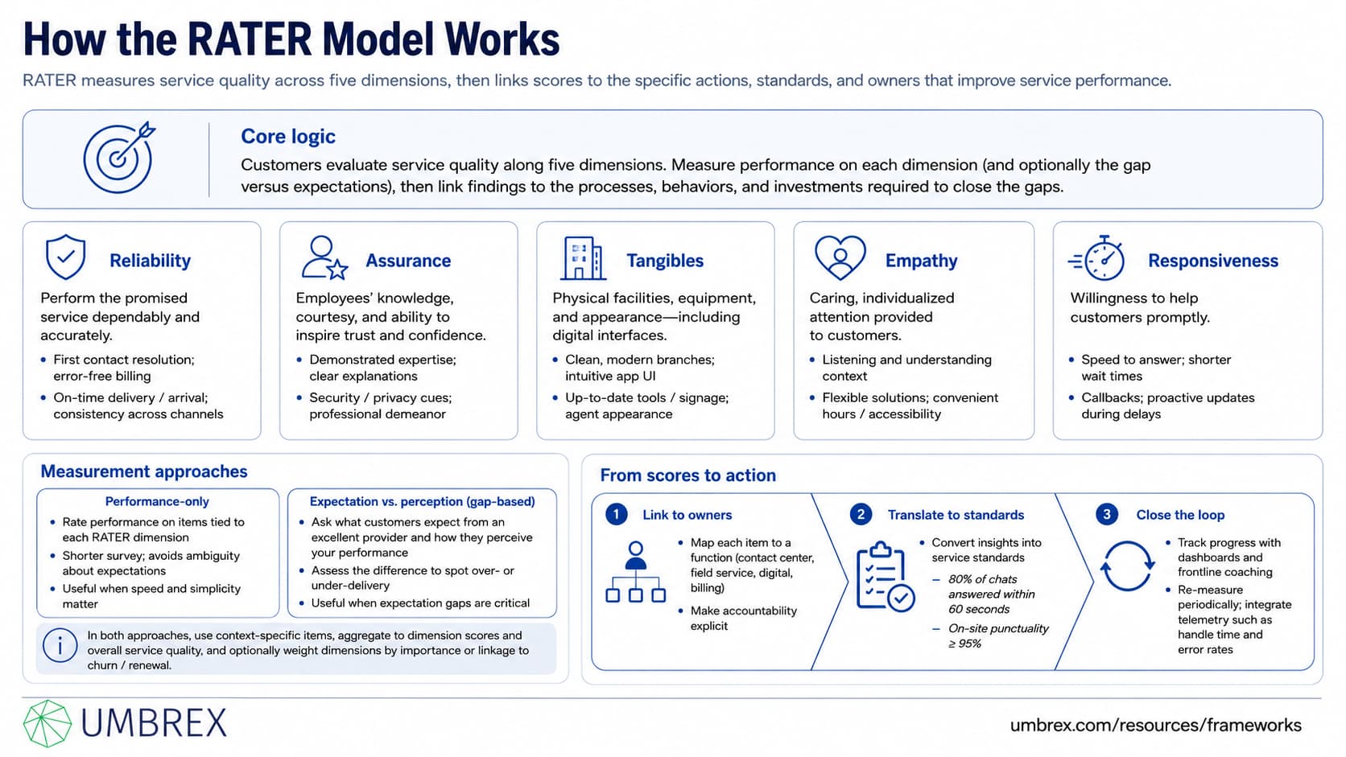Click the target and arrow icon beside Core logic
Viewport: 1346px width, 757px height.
(x=118, y=158)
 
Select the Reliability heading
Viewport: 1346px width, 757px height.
(x=151, y=261)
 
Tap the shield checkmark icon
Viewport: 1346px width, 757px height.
(x=65, y=257)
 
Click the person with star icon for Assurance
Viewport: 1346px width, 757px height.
(x=324, y=257)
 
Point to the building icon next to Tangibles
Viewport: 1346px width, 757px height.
(x=582, y=258)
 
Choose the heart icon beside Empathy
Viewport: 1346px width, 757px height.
(x=840, y=257)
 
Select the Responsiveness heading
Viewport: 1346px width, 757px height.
(x=1213, y=261)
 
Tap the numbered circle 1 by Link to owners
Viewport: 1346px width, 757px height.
(x=616, y=515)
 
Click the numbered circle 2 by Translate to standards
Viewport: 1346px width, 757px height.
(x=861, y=515)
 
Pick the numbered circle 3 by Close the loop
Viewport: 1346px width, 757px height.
(x=1106, y=515)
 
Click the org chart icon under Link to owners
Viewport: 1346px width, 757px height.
(x=636, y=571)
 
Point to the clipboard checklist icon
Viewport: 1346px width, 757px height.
(x=885, y=576)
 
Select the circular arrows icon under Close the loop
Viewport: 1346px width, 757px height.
(x=1127, y=566)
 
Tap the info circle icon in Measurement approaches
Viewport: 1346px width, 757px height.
(x=60, y=645)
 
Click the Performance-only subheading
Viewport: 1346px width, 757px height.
(x=157, y=501)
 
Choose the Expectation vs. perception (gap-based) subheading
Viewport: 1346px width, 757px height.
(x=422, y=501)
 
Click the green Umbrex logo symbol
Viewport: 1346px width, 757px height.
(x=47, y=723)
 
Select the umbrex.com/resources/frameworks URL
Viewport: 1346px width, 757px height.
(x=1155, y=725)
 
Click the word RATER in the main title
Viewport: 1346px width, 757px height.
(x=250, y=39)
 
